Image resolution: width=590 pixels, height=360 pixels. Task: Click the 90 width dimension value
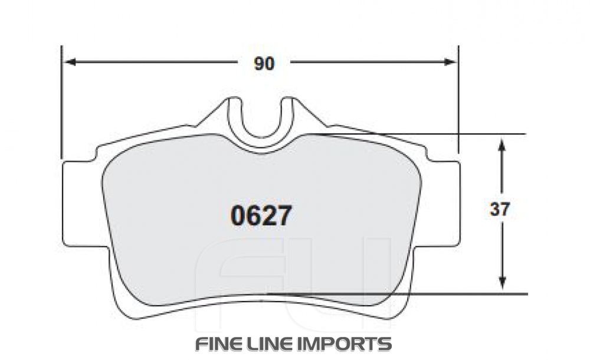click(x=264, y=64)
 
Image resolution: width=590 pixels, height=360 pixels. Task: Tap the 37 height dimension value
click(x=500, y=210)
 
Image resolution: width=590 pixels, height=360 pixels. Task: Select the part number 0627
click(x=261, y=216)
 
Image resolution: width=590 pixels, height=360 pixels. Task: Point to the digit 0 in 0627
click(x=238, y=216)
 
